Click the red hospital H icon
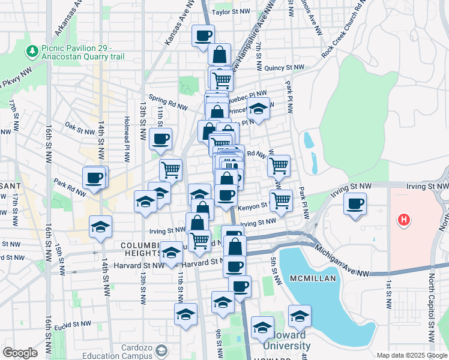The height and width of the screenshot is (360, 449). pos(405,220)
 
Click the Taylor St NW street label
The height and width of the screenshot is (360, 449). pos(231,11)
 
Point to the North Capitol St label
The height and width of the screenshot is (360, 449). pos(432,306)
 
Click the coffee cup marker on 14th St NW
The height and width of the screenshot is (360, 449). pos(95,178)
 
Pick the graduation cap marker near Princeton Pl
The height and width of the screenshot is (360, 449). pos(259,110)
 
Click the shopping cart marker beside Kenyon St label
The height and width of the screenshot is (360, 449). pos(280,200)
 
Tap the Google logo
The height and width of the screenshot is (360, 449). pos(20,353)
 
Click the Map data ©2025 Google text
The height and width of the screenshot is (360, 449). pos(412,355)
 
